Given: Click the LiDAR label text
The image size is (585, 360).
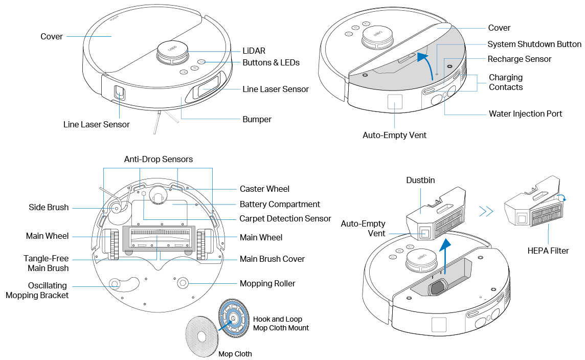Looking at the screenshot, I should pos(254,51).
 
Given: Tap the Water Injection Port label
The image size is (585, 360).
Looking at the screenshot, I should pos(525,114).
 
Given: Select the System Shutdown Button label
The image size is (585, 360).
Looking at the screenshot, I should pos(534,44).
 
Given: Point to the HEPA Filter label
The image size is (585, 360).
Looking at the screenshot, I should pos(548,251).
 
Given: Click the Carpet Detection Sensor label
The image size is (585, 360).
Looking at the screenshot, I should pos(285,218).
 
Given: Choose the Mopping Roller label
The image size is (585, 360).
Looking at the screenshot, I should pos(267,283).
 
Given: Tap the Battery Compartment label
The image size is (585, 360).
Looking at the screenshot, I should pos(280,204).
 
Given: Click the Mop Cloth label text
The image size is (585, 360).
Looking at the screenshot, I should pos(235,354).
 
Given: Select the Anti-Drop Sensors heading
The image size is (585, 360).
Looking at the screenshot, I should pos(159,159).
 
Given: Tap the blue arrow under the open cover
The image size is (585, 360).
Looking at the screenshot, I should pos(422,61).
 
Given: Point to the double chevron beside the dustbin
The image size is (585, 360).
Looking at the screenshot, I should pos(486,211).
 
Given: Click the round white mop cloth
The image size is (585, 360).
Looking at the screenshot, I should pos(202,335).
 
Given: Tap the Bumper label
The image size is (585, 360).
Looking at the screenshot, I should pos(257,119).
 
